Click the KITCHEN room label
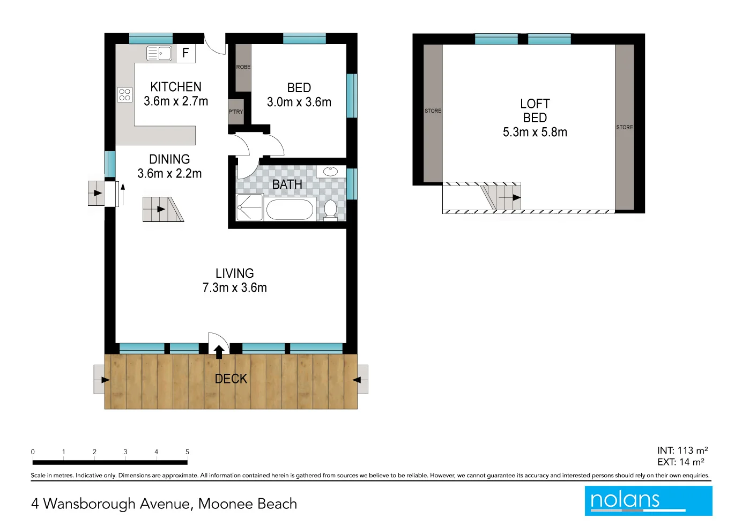tap(176, 87)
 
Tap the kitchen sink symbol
tap(159, 53)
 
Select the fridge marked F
tap(186, 53)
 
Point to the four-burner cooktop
tap(125, 95)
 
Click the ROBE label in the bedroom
tap(243, 67)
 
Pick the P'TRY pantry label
tap(236, 112)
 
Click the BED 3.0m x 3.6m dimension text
tap(299, 102)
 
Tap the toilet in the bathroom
tap(330, 210)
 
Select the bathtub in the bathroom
tap(290, 210)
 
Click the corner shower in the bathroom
tap(249, 208)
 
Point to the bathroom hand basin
tap(330, 172)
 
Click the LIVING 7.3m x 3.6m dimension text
tap(235, 287)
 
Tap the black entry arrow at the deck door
tap(219, 352)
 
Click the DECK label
tap(231, 379)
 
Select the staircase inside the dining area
tap(162, 210)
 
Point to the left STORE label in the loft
tap(433, 111)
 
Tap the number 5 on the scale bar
tap(187, 452)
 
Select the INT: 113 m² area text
tap(682, 450)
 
